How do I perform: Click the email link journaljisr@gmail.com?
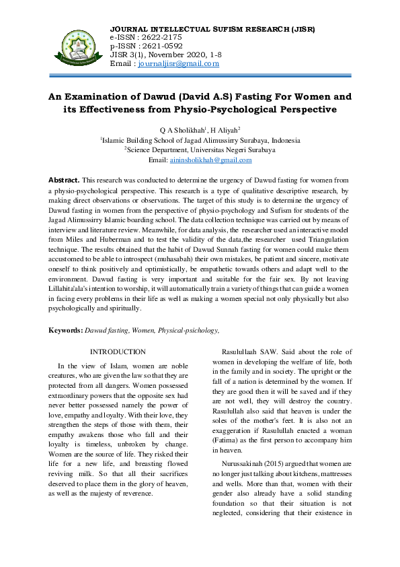[178, 64]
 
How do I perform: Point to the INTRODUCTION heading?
[118, 352]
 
